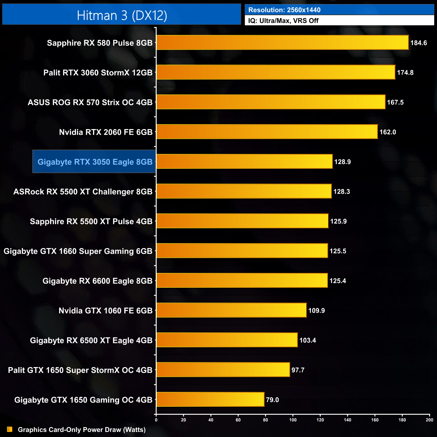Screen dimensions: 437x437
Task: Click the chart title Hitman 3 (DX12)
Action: click(122, 15)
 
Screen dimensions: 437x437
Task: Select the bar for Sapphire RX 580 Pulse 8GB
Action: click(282, 43)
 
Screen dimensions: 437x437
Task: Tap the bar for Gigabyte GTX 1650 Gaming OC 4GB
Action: click(210, 399)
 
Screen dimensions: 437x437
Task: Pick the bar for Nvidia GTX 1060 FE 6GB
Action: click(231, 310)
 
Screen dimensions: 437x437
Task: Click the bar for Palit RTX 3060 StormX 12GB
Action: click(276, 72)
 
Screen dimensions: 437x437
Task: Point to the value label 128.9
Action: click(342, 162)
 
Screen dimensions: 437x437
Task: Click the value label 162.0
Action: click(388, 132)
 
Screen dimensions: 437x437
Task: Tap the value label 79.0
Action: click(272, 400)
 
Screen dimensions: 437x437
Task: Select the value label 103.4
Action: click(308, 340)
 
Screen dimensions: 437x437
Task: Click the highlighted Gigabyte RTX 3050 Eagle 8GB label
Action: click(95, 162)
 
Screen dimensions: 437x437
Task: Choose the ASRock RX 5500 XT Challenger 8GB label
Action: click(83, 192)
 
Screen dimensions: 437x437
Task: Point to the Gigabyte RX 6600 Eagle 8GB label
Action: click(97, 281)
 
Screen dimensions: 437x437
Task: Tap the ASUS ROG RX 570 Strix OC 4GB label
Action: click(90, 103)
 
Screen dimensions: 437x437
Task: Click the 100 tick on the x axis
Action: click(293, 420)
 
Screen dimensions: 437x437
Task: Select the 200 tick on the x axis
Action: click(429, 420)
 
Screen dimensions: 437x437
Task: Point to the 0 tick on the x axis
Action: click(156, 420)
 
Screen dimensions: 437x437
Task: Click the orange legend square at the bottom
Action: click(10, 429)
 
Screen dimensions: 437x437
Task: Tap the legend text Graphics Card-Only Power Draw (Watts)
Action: click(82, 430)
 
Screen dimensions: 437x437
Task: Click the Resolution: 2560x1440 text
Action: click(284, 10)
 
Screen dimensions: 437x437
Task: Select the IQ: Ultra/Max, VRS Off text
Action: click(283, 21)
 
